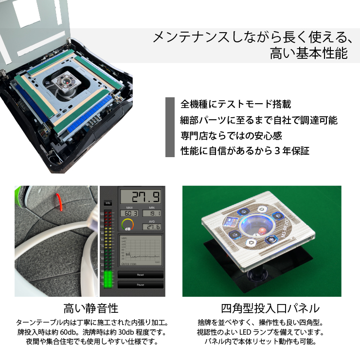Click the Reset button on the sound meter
(140, 275)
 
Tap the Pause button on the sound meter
(140, 285)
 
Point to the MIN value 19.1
(152, 213)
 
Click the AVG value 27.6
(152, 227)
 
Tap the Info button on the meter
(108, 202)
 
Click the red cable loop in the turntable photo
(59, 200)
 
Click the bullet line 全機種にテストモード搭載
(236, 104)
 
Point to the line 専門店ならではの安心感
(231, 135)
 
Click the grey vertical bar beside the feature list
(170, 127)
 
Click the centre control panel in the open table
(66, 83)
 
